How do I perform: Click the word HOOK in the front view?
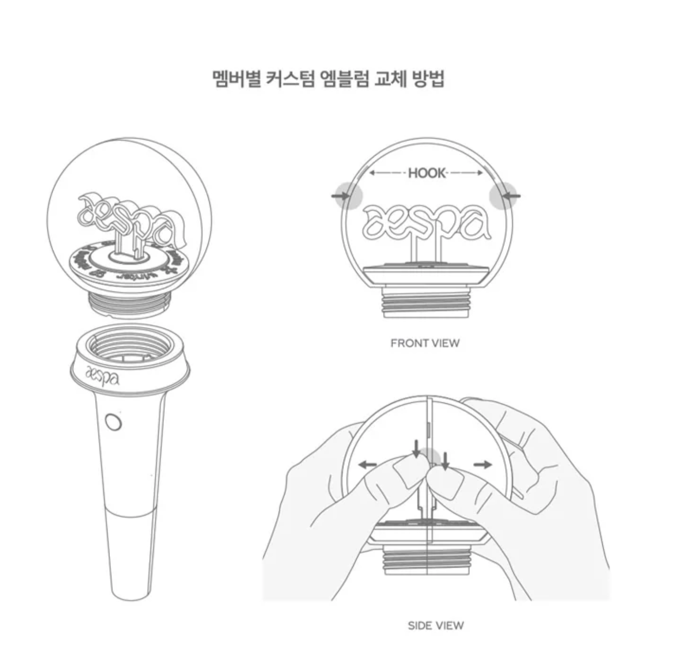click(427, 173)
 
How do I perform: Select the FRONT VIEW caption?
click(425, 343)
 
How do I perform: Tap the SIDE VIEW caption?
click(436, 626)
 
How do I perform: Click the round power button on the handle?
click(113, 422)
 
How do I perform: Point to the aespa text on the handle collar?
click(103, 375)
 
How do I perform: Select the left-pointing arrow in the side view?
click(368, 465)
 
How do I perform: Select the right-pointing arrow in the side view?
click(483, 464)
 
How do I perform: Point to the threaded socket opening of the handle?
click(131, 346)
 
